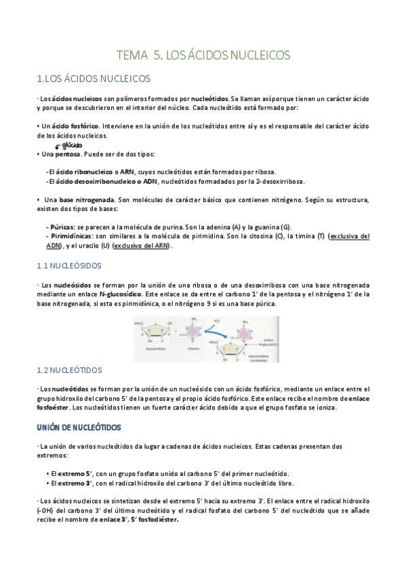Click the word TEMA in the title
tap(131, 54)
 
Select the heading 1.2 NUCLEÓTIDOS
tap(68, 370)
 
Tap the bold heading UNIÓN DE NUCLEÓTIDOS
tap(78, 427)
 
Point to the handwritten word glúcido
tap(71, 144)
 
